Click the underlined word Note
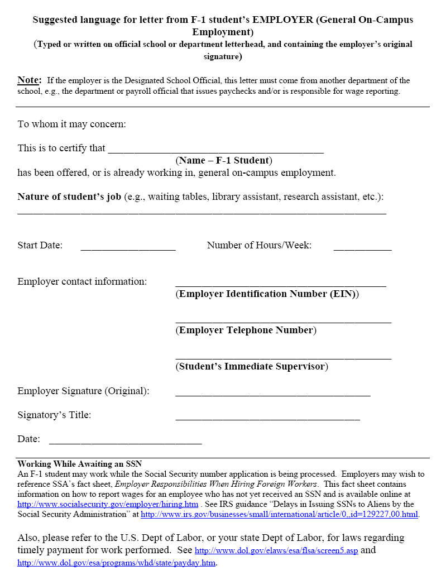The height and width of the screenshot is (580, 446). (x=29, y=80)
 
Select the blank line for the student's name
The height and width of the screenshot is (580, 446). (x=215, y=150)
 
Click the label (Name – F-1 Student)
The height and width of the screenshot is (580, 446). (x=224, y=161)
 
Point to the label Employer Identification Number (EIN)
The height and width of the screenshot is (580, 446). (x=267, y=294)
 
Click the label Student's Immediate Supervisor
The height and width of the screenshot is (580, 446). (x=252, y=367)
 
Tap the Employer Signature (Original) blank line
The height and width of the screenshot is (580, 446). (x=272, y=394)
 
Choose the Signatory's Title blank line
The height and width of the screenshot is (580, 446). (x=267, y=418)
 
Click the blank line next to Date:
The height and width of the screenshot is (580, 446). (x=125, y=443)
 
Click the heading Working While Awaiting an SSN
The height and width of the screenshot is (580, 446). (x=80, y=464)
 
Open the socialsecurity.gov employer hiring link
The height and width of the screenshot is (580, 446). (x=108, y=504)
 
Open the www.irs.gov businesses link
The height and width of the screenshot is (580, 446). (x=279, y=514)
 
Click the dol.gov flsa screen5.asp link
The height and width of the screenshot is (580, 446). (x=276, y=551)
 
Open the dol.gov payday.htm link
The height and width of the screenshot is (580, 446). (x=116, y=563)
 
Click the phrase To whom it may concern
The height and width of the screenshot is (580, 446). (x=72, y=124)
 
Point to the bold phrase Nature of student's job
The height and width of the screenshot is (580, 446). (x=69, y=197)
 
